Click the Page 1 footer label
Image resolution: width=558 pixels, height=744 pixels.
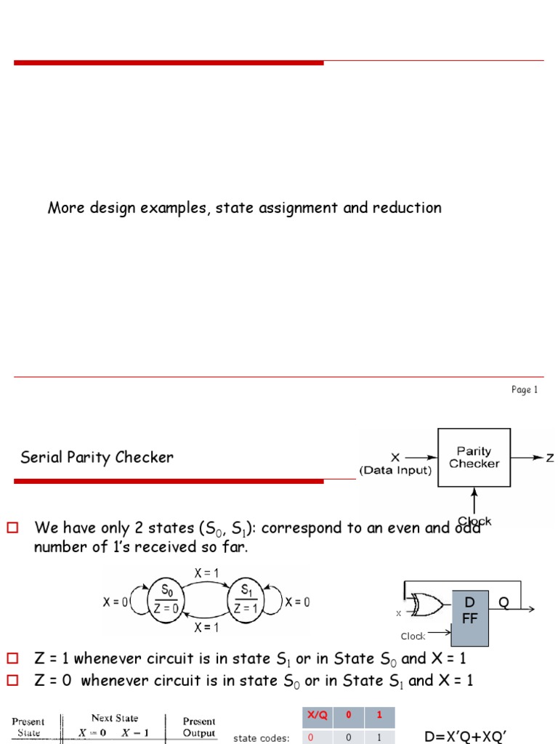tap(524, 390)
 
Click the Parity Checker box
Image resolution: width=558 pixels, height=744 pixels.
tap(474, 458)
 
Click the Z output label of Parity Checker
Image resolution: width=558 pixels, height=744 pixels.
tap(550, 458)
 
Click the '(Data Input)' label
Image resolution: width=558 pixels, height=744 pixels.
tap(396, 471)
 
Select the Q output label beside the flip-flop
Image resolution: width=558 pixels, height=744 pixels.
tap(504, 601)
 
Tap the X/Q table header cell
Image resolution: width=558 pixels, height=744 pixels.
tap(318, 715)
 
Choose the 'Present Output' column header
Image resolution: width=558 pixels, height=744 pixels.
tap(198, 727)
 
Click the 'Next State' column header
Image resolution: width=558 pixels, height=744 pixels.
tap(114, 719)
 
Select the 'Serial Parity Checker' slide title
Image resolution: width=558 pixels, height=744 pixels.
tap(97, 458)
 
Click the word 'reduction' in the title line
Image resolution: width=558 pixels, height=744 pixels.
tap(407, 208)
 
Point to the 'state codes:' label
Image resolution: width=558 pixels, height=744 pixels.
tap(261, 738)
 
